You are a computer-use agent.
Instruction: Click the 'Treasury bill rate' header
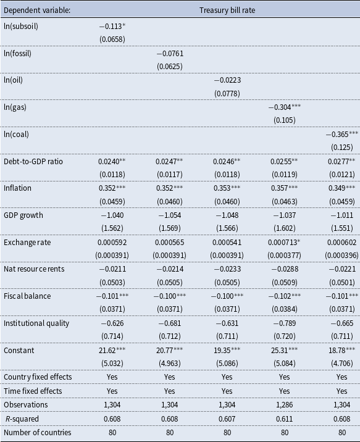pyautogui.click(x=227, y=10)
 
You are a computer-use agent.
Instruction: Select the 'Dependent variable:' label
pyautogui.click(x=37, y=10)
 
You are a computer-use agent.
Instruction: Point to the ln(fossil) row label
pyautogui.click(x=17, y=54)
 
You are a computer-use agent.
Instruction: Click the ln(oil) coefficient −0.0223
pyautogui.click(x=227, y=80)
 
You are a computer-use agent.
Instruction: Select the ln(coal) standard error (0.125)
pyautogui.click(x=341, y=148)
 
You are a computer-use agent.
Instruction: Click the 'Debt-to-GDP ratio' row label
pyautogui.click(x=33, y=162)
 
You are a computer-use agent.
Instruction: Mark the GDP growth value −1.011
pyautogui.click(x=341, y=215)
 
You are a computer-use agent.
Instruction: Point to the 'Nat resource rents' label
pyautogui.click(x=34, y=269)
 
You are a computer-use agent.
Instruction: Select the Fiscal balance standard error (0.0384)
pyautogui.click(x=285, y=309)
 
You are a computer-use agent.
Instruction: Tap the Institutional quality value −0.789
pyautogui.click(x=285, y=323)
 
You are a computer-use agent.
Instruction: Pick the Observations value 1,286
pyautogui.click(x=285, y=405)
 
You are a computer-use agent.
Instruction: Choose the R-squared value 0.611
pyautogui.click(x=285, y=419)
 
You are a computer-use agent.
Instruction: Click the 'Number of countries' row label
pyautogui.click(x=38, y=433)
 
